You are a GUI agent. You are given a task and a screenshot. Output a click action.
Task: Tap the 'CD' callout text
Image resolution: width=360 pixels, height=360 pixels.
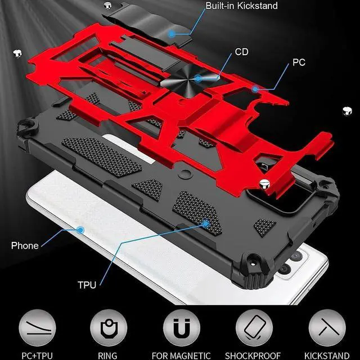242,52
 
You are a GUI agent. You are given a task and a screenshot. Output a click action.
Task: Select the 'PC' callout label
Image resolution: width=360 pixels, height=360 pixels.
299,62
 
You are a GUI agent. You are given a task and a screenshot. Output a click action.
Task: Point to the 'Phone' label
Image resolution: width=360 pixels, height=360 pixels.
25,245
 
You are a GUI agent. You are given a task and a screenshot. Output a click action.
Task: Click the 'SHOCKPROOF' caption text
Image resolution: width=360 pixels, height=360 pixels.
253,355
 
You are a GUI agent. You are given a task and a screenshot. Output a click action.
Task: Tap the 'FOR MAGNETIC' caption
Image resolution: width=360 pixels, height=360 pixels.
181,355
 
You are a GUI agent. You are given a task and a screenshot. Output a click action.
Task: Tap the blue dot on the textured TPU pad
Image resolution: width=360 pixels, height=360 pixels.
206,224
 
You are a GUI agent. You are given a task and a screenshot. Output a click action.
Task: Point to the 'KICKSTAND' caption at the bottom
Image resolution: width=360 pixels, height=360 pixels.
326,355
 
